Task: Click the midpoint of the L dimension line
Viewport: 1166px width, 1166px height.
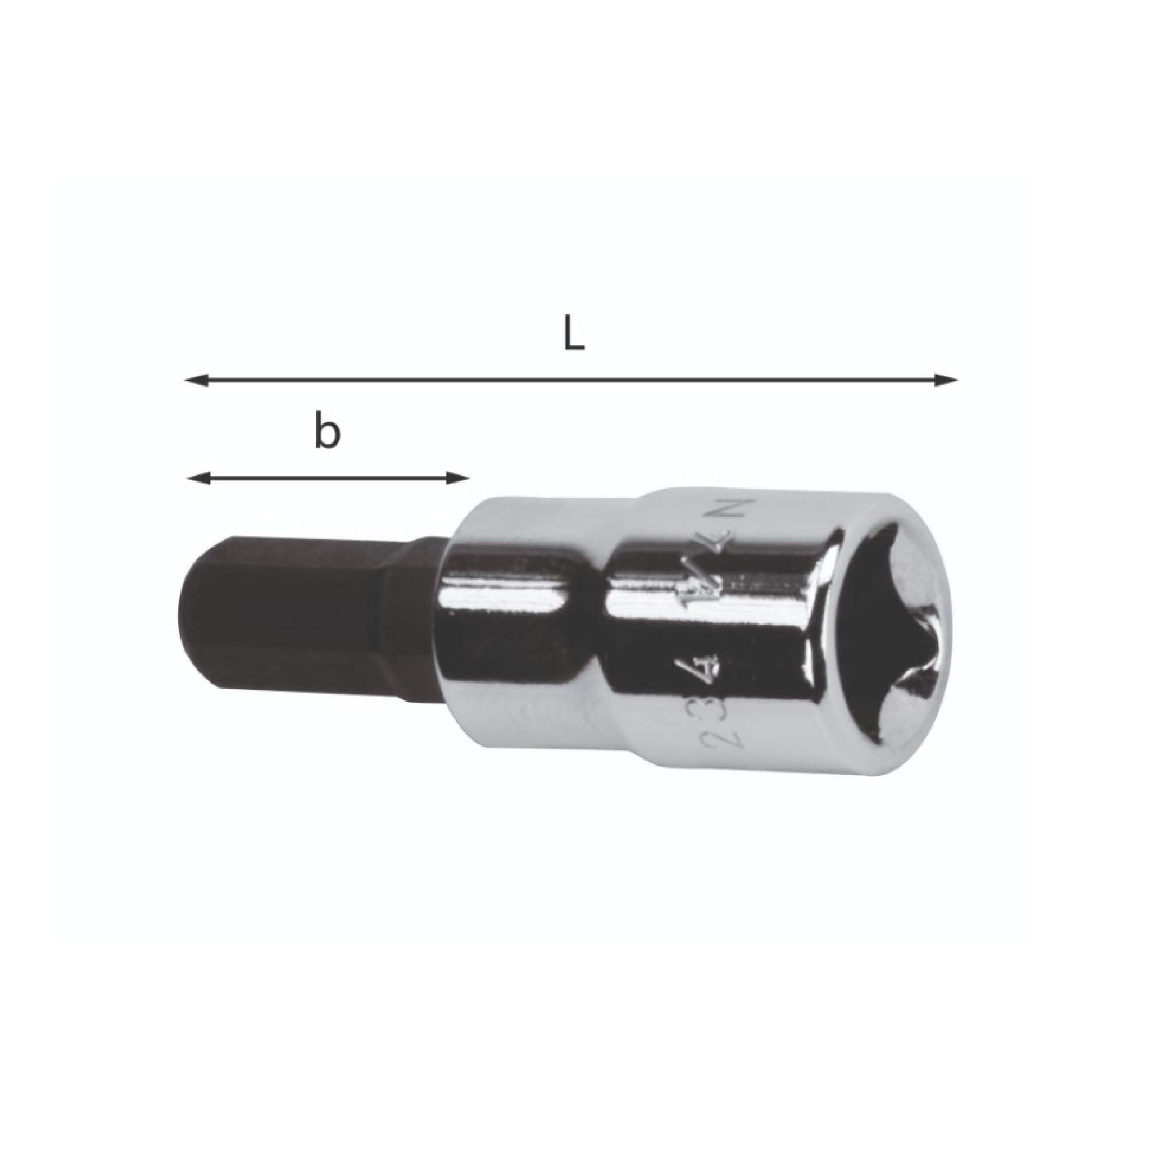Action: (x=571, y=380)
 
